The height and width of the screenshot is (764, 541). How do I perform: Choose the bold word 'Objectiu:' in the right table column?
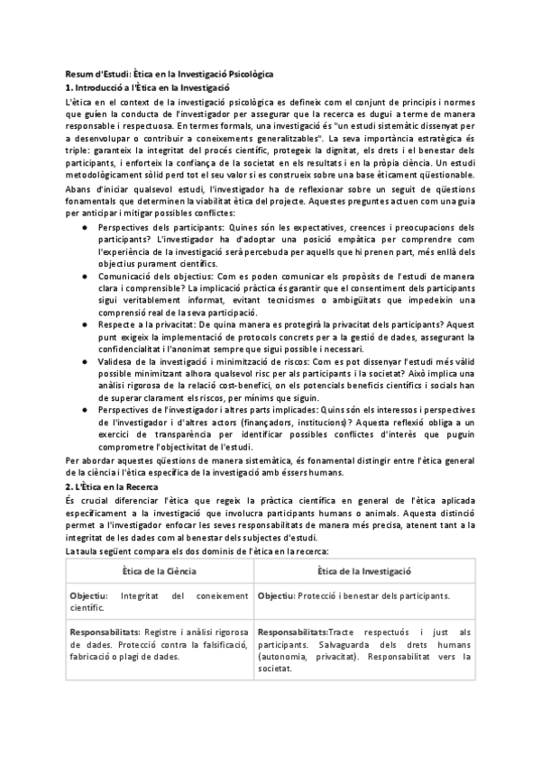pyautogui.click(x=278, y=596)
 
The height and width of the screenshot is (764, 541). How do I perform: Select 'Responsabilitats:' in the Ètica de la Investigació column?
pyautogui.click(x=293, y=633)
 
